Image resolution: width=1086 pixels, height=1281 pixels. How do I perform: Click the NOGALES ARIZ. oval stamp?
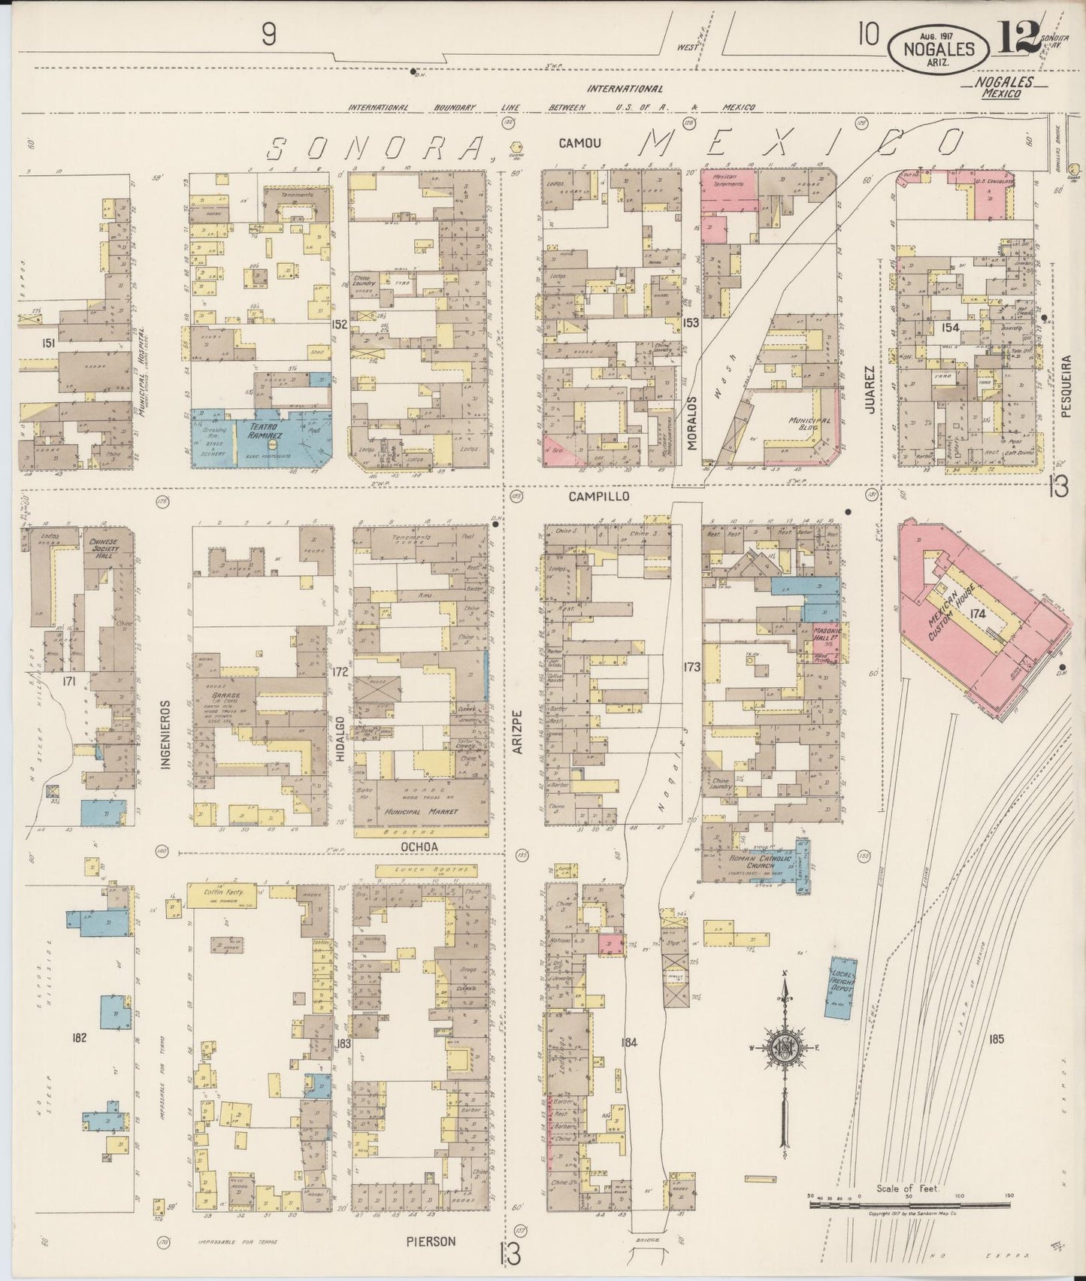pos(940,49)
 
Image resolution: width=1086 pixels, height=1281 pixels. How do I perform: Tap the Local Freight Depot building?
pos(842,987)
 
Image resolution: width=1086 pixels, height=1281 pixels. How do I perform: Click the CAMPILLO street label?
pos(598,497)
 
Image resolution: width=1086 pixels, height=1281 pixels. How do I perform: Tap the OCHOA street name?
pos(419,846)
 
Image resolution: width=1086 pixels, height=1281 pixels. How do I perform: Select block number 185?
pos(997,1040)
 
